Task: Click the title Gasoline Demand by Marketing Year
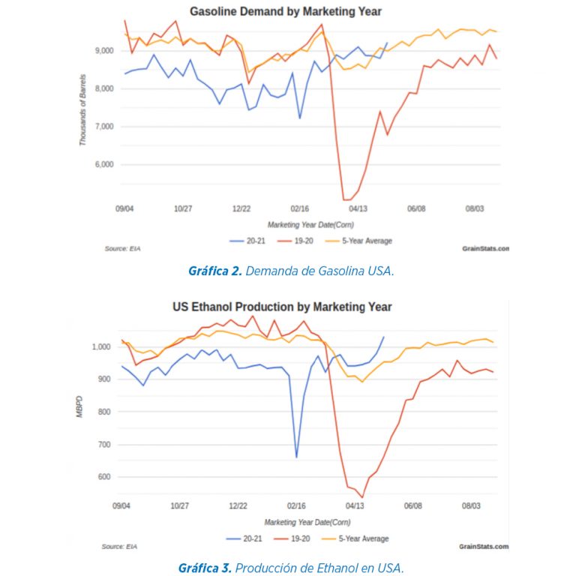[285, 11]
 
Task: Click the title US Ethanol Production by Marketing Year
[282, 307]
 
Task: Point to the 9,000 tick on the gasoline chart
[103, 50]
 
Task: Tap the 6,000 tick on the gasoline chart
[103, 164]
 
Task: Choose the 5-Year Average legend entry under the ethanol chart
[361, 538]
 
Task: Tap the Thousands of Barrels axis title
[84, 109]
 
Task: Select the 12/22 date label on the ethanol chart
[238, 506]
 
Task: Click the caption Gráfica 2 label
[214, 271]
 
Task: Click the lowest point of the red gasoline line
[346, 199]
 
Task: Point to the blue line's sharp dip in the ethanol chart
[296, 457]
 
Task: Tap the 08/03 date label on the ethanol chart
[470, 506]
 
